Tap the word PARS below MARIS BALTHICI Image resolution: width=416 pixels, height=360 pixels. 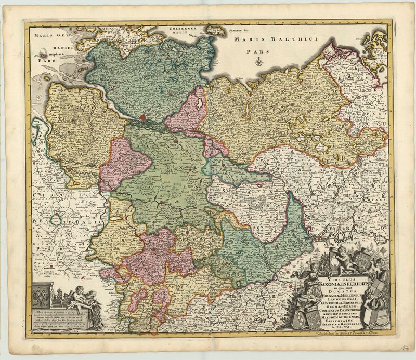click(x=254, y=52)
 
